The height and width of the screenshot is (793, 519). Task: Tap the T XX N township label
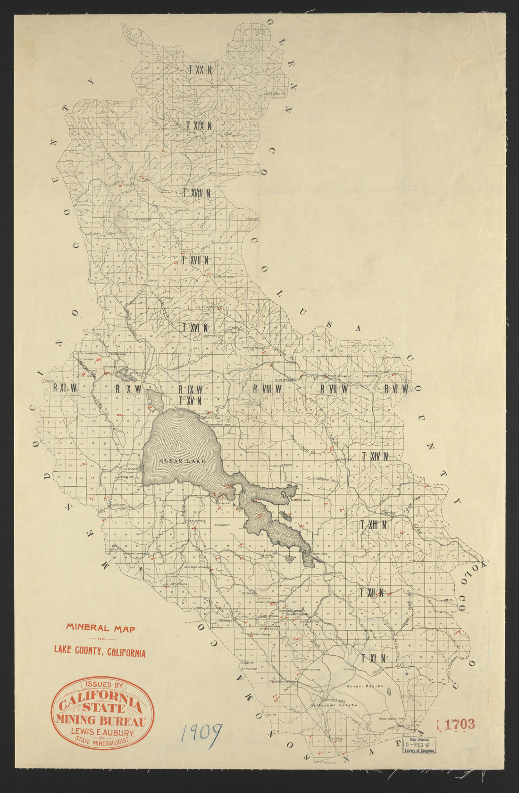tap(200, 70)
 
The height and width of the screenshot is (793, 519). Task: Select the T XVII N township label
tap(195, 260)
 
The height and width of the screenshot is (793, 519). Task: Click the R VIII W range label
tap(267, 389)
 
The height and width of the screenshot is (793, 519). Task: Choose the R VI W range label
tap(396, 389)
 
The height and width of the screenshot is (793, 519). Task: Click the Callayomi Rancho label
tap(334, 705)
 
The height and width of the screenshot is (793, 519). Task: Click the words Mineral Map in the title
tap(100, 628)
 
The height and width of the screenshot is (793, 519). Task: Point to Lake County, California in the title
tap(100, 652)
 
